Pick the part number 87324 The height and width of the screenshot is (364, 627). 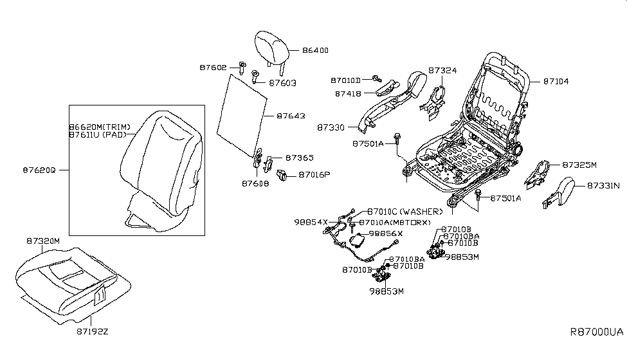point(443,70)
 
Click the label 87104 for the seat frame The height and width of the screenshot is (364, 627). point(556,82)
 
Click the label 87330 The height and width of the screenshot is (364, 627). point(331,128)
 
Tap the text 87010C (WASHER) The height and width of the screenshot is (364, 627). point(405,212)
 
